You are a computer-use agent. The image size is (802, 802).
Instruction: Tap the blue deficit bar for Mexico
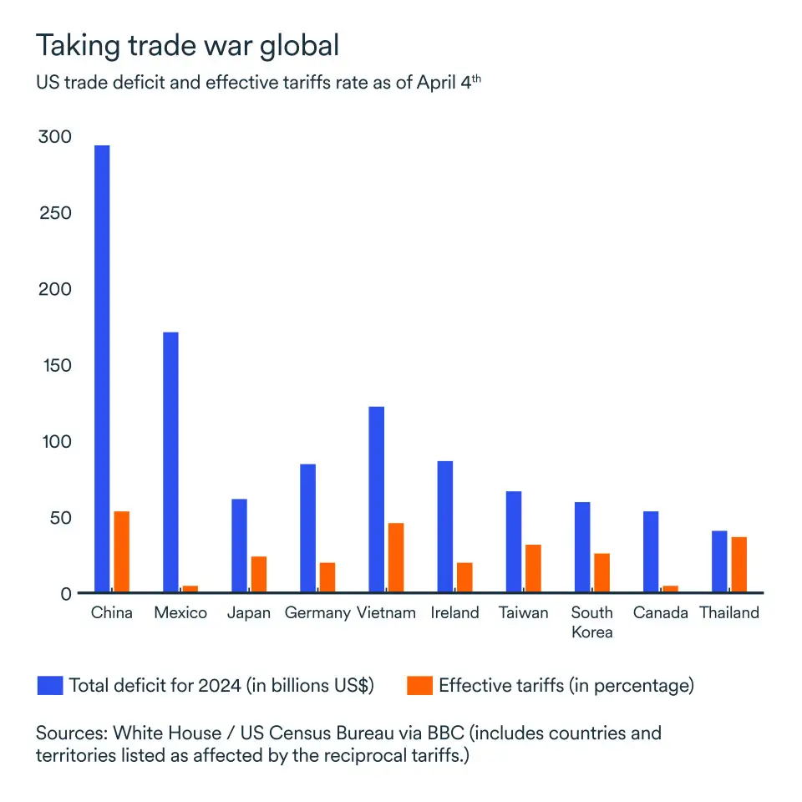[170, 463]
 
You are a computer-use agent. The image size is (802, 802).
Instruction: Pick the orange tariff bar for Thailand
[739, 565]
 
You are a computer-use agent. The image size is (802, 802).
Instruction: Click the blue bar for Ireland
[444, 527]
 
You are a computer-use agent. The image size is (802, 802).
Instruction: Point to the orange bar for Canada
[670, 589]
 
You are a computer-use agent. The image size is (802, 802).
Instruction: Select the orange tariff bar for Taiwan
[533, 569]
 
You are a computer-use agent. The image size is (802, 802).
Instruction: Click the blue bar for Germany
[307, 528]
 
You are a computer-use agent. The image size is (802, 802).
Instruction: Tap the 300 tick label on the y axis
[55, 137]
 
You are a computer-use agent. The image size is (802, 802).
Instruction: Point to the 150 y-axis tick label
[55, 365]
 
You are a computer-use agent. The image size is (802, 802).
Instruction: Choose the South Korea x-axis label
[591, 622]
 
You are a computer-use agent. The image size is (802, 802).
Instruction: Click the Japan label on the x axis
[249, 612]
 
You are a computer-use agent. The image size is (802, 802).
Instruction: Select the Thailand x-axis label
[729, 612]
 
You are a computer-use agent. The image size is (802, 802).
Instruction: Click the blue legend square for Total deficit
[49, 686]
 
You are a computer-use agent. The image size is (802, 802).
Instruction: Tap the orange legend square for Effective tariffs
[419, 686]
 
